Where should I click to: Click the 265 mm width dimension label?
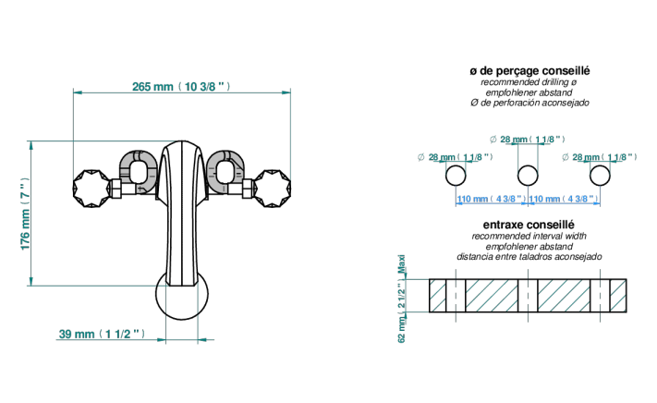pos(181,87)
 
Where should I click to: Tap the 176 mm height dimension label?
pos(26,214)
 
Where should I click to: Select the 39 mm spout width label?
pos(102,334)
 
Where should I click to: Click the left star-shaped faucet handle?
pos(91,189)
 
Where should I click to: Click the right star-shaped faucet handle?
pos(273,189)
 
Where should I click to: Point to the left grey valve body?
pos(139,173)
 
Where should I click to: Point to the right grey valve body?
pos(226,173)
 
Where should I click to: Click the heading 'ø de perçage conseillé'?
pos(529,71)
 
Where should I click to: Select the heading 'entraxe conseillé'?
pos(529,225)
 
